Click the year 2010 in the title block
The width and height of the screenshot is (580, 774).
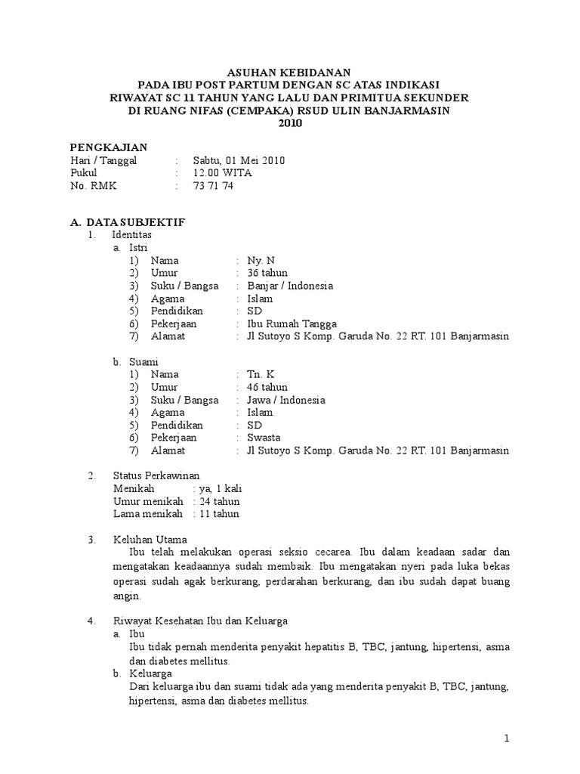[290, 123]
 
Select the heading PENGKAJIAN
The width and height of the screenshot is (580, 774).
[109, 147]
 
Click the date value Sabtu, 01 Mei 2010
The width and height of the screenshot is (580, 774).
[239, 160]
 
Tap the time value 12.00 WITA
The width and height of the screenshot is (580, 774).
[223, 173]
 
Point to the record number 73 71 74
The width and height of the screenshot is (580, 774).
[214, 186]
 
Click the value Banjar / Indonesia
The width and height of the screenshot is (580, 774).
[290, 286]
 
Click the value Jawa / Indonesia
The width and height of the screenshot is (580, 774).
[286, 400]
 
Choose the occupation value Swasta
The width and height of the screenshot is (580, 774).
[264, 438]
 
